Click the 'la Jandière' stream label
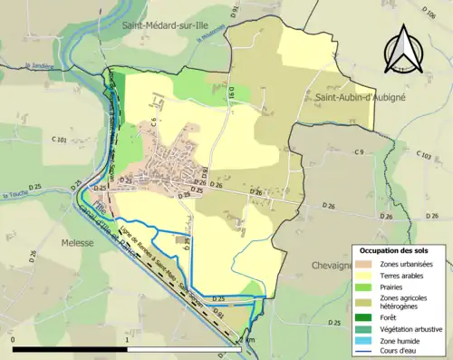(40, 65)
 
